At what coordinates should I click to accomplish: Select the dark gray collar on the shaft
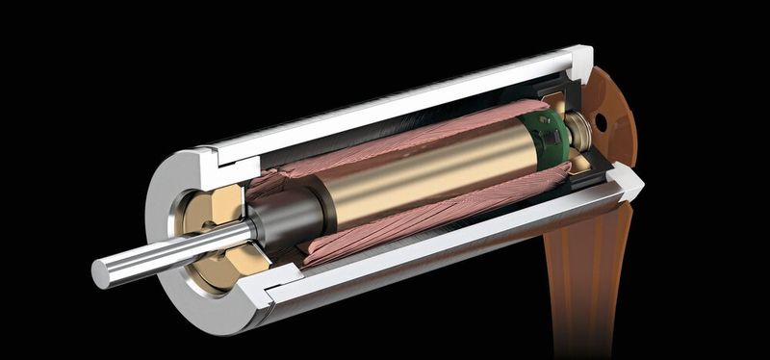[x=284, y=217]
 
